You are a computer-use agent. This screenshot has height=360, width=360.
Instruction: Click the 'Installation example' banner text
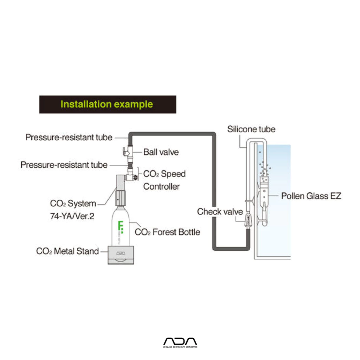(107, 104)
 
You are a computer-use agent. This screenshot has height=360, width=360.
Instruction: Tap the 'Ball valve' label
(161, 152)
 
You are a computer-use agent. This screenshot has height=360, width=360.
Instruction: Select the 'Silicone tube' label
(251, 129)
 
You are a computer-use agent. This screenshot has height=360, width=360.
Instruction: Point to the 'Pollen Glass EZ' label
(311, 196)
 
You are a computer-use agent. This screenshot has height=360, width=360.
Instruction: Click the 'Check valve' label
(220, 212)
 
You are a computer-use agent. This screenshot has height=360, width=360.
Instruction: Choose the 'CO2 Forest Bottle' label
(167, 232)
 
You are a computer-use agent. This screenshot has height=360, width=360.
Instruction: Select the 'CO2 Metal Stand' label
(67, 251)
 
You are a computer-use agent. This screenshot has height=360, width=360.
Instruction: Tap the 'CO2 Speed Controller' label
(164, 180)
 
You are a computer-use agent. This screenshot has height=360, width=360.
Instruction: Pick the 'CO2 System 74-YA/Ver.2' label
(72, 210)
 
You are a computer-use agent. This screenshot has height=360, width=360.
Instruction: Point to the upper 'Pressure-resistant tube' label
(69, 137)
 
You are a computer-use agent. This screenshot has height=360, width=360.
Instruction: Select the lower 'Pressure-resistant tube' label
(64, 165)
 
